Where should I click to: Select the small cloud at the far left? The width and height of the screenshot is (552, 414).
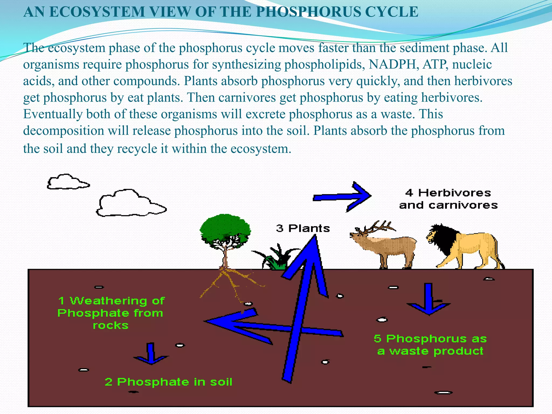(67, 182)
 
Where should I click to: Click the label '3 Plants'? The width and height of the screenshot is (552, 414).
(303, 229)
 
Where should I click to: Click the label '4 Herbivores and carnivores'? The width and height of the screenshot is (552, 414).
(448, 199)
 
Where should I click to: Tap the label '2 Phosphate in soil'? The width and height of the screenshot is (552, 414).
(168, 382)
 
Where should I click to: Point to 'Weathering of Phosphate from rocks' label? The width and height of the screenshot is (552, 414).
(111, 313)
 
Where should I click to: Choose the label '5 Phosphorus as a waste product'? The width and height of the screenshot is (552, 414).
(430, 345)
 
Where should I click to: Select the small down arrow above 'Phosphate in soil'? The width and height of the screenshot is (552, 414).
(151, 354)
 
